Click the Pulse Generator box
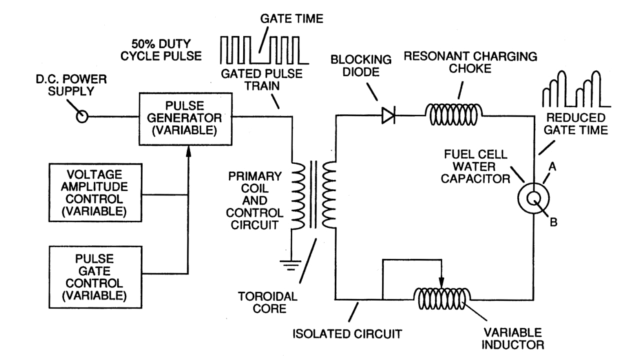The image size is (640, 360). (186, 118)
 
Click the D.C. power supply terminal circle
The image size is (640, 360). (81, 116)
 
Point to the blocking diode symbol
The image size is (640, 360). (388, 116)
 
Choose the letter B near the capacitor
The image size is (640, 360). (553, 222)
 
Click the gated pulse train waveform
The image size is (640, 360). (264, 50)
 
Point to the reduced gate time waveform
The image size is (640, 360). (575, 90)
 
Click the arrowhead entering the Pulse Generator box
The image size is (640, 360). (188, 149)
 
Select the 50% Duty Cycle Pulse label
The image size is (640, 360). (160, 49)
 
